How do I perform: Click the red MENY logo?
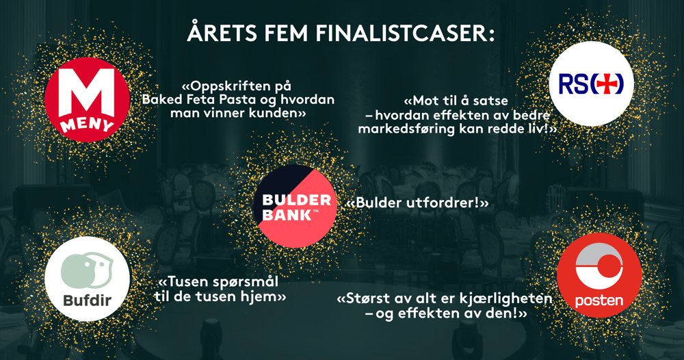(x=88, y=99)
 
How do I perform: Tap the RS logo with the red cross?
(x=591, y=83)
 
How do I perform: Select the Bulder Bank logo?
(x=295, y=206)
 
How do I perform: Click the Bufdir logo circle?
(x=88, y=279)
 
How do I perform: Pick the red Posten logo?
(x=599, y=275)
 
